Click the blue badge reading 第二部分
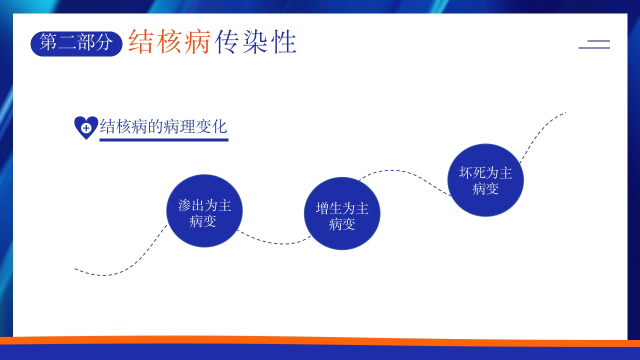[x=76, y=43]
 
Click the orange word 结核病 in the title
[x=169, y=41]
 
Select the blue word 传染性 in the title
[x=256, y=41]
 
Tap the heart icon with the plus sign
[x=86, y=127]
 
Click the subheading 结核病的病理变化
[x=163, y=126]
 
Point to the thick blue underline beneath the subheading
[x=163, y=140]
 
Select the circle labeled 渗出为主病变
[x=204, y=210]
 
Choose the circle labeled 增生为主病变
[x=342, y=213]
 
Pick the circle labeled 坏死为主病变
[x=485, y=180]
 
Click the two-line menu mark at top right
[x=594, y=44]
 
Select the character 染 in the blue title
[x=256, y=41]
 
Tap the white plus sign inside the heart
[x=86, y=128]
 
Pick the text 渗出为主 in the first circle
[x=204, y=205]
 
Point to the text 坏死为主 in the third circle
[x=485, y=173]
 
